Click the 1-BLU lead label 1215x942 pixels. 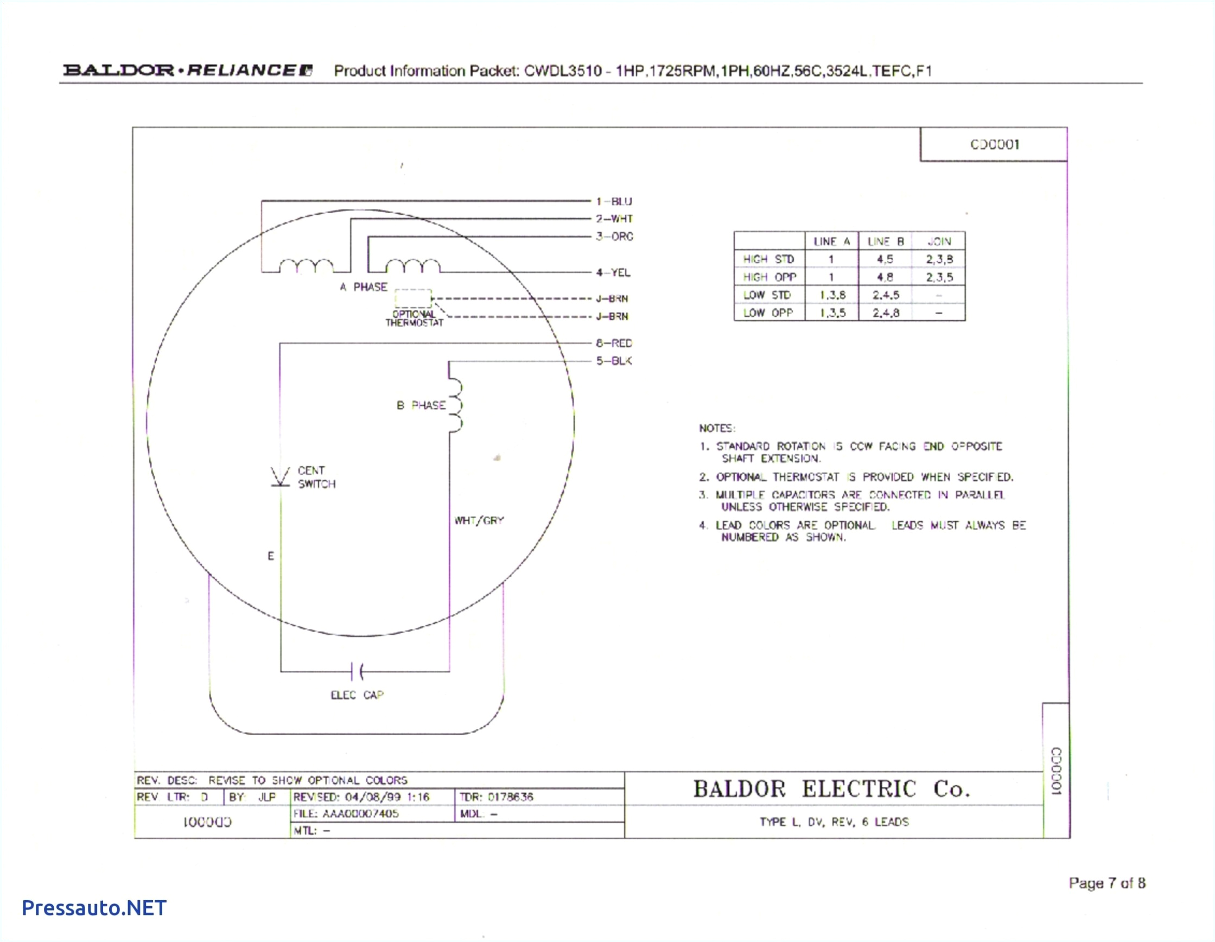614,201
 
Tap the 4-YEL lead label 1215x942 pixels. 613,272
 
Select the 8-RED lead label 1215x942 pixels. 614,343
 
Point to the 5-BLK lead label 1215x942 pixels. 614,361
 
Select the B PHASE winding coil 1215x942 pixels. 455,406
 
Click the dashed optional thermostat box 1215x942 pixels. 413,298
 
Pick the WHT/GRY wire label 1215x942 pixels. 479,521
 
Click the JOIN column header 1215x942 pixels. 939,241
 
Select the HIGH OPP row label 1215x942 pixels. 769,277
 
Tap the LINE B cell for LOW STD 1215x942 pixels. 885,295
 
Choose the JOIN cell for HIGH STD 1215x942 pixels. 939,259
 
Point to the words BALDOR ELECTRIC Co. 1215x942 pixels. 832,789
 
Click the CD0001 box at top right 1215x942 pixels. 994,145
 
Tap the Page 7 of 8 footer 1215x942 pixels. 1106,883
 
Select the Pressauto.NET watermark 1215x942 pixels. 94,907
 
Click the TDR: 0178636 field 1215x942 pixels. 496,797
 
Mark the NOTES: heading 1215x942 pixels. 717,429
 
